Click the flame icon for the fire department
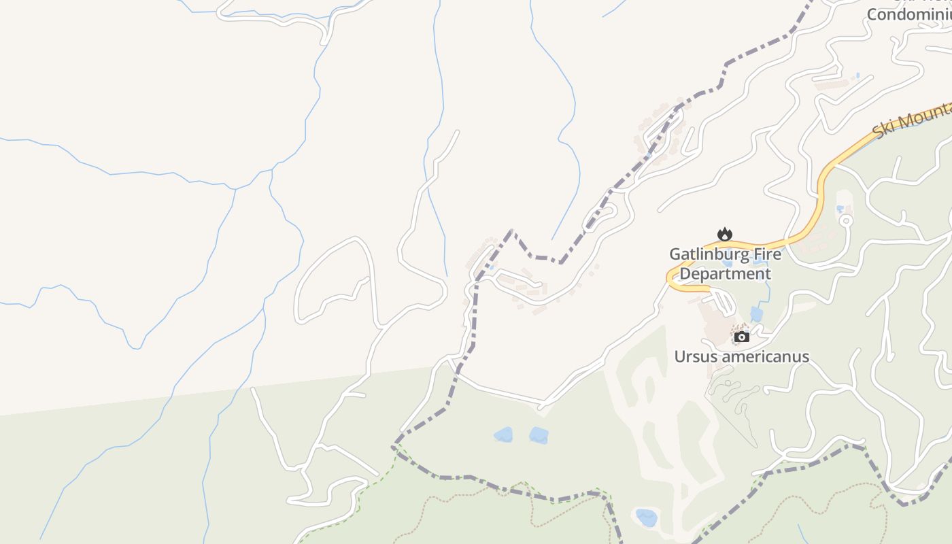(x=725, y=234)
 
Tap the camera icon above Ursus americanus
(x=742, y=337)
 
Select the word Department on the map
(x=726, y=274)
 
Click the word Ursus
(x=695, y=356)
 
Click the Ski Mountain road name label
(x=912, y=121)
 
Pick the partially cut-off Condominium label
(x=908, y=14)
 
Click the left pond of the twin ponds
(x=503, y=435)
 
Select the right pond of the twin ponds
(x=539, y=435)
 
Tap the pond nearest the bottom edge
(x=646, y=517)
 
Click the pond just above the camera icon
(x=756, y=314)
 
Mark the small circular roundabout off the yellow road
(x=846, y=220)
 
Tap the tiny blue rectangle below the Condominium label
(x=857, y=76)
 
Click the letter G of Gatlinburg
(x=675, y=254)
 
